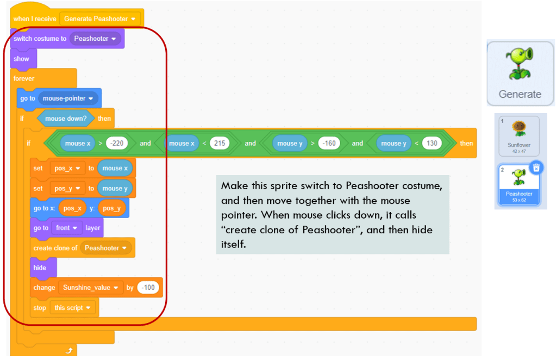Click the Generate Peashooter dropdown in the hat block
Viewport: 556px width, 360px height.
(99, 19)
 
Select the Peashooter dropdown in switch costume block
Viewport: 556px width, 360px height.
(95, 39)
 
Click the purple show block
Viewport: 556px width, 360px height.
(22, 59)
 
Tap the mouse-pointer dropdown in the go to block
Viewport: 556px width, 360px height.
(68, 98)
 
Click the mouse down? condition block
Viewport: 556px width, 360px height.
(66, 118)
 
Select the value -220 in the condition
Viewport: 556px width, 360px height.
(116, 144)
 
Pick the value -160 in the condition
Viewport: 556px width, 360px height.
(329, 144)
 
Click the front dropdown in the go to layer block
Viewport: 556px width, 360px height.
(66, 228)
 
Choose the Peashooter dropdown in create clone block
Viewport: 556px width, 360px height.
(106, 248)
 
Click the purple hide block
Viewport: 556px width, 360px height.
(40, 268)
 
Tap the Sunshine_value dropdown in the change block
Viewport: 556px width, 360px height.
(90, 288)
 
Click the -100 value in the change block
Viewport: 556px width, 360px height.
(148, 288)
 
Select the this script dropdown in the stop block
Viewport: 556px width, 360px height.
(72, 308)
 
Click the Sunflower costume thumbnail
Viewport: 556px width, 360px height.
(519, 136)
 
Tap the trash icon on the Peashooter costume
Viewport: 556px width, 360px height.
(536, 168)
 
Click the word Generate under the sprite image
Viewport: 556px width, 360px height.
(520, 94)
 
